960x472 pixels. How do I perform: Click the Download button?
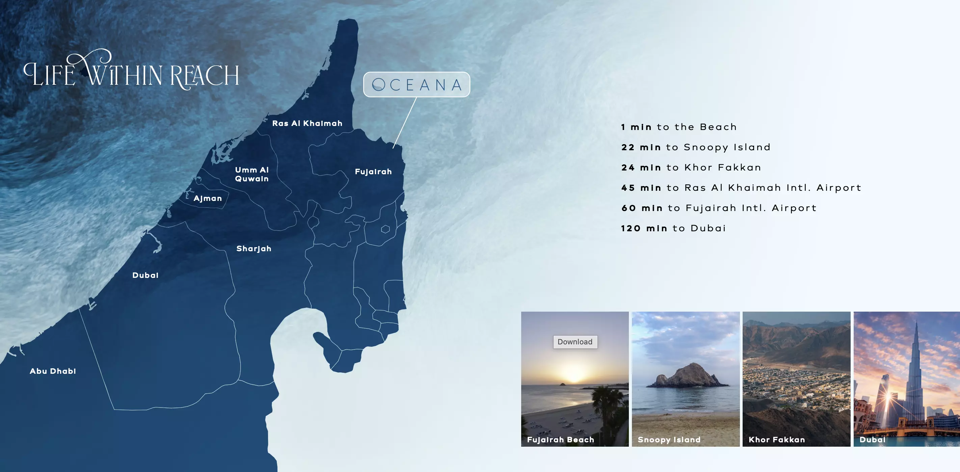tap(575, 342)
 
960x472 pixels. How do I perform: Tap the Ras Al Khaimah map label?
tap(307, 124)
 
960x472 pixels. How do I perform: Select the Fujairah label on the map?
tap(373, 172)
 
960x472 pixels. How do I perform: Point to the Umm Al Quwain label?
tap(252, 174)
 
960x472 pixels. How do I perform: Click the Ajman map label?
tap(208, 198)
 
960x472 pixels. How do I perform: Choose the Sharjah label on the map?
tap(254, 249)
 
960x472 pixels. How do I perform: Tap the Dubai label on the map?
tap(145, 275)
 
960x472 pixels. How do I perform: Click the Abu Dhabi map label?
tap(53, 371)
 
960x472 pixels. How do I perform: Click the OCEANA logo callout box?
tap(417, 85)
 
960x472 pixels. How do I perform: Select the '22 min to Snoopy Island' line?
tap(695, 147)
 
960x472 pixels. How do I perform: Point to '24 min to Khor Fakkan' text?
tap(691, 167)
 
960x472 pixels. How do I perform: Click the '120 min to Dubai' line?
tap(673, 228)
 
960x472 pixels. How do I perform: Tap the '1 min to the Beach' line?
tap(678, 127)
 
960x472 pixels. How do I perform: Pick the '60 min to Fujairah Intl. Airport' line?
tap(719, 208)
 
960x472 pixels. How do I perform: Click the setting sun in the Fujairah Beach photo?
tap(574, 374)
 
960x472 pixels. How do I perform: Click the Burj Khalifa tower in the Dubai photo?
tap(915, 373)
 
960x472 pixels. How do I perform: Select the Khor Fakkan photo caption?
tap(777, 440)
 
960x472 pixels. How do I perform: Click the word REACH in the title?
tap(204, 76)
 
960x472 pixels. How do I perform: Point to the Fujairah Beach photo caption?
tap(560, 440)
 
